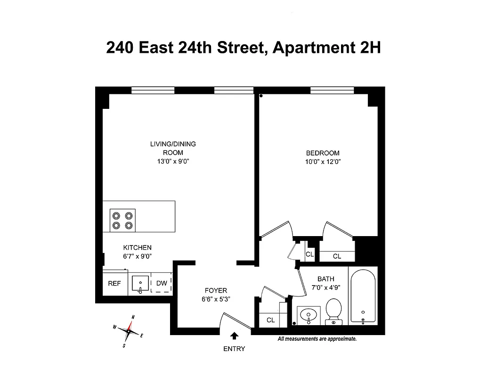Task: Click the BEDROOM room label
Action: pyautogui.click(x=323, y=153)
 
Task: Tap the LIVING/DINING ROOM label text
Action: pyautogui.click(x=173, y=148)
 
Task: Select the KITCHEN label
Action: pyautogui.click(x=138, y=247)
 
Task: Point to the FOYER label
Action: pyautogui.click(x=216, y=290)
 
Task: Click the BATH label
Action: pyautogui.click(x=325, y=279)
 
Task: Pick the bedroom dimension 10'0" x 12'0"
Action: pyautogui.click(x=323, y=162)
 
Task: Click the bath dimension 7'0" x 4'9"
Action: pyautogui.click(x=325, y=287)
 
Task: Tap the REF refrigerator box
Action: pyautogui.click(x=114, y=283)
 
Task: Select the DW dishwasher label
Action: pyautogui.click(x=162, y=283)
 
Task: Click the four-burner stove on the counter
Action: pyautogui.click(x=122, y=220)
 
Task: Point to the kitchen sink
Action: pyautogui.click(x=140, y=284)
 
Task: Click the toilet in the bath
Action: pyautogui.click(x=333, y=311)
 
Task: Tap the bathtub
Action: pyautogui.click(x=362, y=296)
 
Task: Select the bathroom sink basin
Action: pyautogui.click(x=309, y=313)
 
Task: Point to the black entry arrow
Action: pyautogui.click(x=235, y=336)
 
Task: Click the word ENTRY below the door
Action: pyautogui.click(x=234, y=349)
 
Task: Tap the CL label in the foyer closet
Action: pyautogui.click(x=270, y=320)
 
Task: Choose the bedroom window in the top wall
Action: pyautogui.click(x=332, y=90)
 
